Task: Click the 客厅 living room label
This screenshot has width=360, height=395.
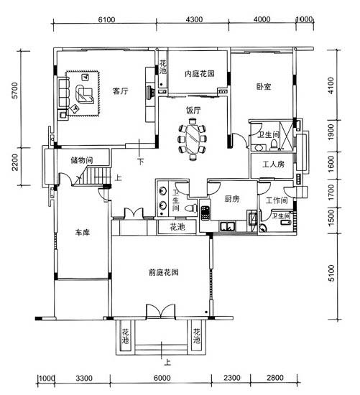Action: pyautogui.click(x=120, y=91)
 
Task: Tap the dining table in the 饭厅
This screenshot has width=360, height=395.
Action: pyautogui.click(x=193, y=139)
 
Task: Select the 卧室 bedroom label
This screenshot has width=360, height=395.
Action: pyautogui.click(x=264, y=87)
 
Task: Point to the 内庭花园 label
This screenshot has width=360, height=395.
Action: pyautogui.click(x=200, y=73)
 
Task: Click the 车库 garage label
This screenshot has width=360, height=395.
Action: pyautogui.click(x=83, y=232)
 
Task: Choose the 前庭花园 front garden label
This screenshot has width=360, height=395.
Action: pyautogui.click(x=164, y=272)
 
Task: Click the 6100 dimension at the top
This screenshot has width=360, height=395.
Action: pyautogui.click(x=106, y=19)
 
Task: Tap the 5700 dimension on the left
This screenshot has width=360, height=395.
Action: pyautogui.click(x=15, y=90)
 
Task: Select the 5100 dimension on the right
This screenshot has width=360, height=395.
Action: pyautogui.click(x=331, y=273)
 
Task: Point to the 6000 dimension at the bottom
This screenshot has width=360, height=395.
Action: pyautogui.click(x=162, y=378)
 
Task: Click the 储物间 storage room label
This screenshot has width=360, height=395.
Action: pyautogui.click(x=82, y=160)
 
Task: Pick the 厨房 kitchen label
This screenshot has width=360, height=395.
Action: pyautogui.click(x=232, y=199)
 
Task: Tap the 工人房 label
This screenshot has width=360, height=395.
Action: pyautogui.click(x=274, y=164)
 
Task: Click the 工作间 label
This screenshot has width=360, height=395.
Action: pyautogui.click(x=277, y=200)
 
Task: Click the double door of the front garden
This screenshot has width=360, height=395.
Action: pyautogui.click(x=160, y=312)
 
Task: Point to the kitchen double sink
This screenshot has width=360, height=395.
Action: pyautogui.click(x=228, y=226)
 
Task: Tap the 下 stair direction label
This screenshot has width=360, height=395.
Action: pyautogui.click(x=140, y=161)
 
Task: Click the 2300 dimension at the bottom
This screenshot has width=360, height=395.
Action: pyautogui.click(x=231, y=378)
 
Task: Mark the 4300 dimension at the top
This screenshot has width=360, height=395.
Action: pyautogui.click(x=194, y=19)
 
